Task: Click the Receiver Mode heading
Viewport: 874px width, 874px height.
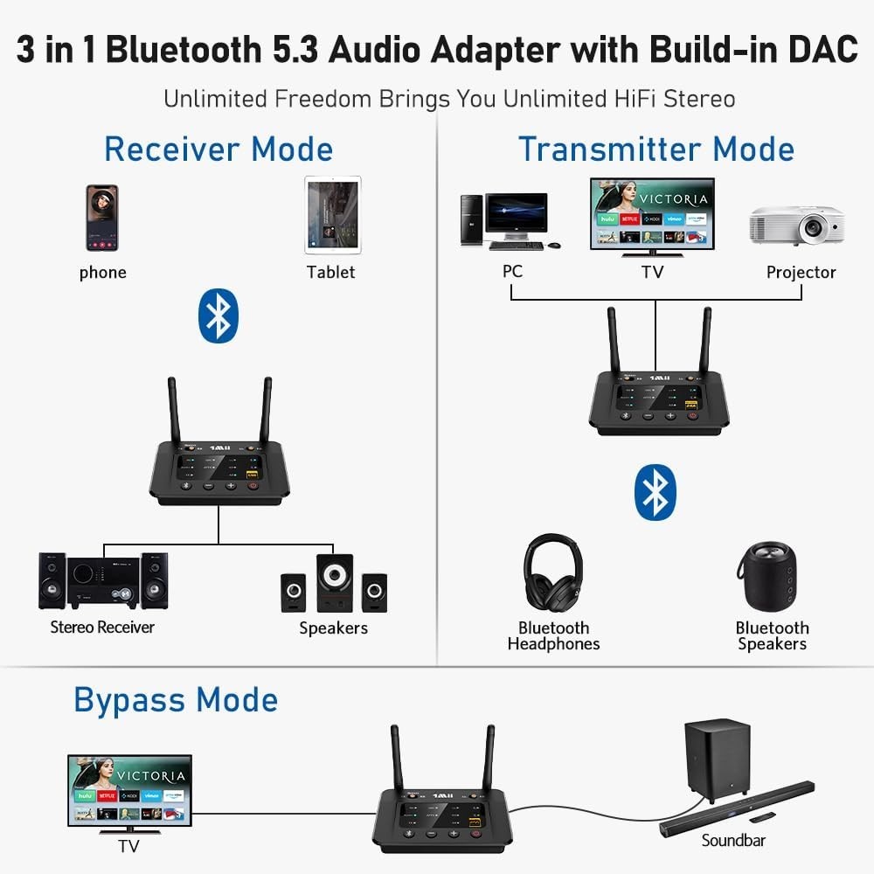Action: (x=218, y=149)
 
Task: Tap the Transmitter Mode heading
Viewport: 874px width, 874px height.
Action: (x=655, y=149)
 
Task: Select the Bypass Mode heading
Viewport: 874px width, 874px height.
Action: (x=176, y=700)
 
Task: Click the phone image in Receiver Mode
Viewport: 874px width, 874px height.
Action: (x=101, y=217)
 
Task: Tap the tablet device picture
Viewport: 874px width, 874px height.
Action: (x=332, y=215)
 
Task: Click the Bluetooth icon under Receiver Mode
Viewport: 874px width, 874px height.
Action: (x=218, y=316)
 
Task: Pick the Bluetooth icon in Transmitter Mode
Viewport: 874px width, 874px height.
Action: (x=655, y=492)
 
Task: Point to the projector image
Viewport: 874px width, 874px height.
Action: (x=796, y=225)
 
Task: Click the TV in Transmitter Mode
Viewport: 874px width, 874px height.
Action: (x=652, y=215)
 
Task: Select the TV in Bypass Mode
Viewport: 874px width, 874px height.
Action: (x=129, y=792)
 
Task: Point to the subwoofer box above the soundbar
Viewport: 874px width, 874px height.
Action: (x=717, y=756)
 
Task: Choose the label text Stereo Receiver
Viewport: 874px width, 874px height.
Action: (x=102, y=627)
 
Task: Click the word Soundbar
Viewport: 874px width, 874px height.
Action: (x=733, y=840)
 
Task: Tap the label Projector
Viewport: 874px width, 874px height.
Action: (x=801, y=272)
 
